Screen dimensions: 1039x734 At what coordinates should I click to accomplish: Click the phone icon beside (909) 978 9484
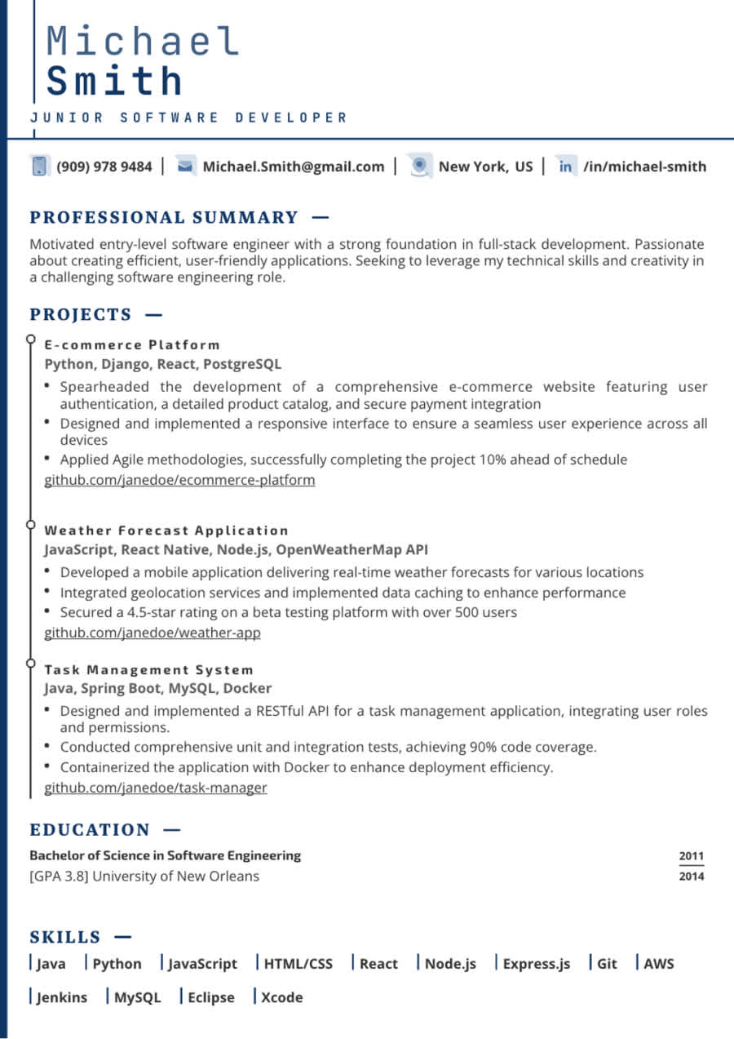coord(38,167)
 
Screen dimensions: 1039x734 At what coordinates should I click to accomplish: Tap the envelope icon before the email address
coord(185,167)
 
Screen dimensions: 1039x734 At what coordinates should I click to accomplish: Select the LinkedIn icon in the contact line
coord(565,167)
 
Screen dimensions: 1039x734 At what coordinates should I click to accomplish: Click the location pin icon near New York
coord(419,166)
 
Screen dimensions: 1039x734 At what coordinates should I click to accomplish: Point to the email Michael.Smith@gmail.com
coord(293,167)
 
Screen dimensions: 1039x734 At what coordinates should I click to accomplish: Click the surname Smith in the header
coord(114,81)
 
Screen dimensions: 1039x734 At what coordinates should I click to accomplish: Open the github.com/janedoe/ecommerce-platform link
coord(179,480)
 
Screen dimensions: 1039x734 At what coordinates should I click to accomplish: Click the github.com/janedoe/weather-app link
coord(153,633)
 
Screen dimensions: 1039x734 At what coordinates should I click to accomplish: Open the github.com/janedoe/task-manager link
coord(156,788)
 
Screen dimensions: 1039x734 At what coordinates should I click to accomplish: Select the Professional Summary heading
coord(164,217)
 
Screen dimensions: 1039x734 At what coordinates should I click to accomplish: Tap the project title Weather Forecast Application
coord(166,531)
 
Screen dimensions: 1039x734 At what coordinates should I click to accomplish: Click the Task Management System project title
coord(149,670)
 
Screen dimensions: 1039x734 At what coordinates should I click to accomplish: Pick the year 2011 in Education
coord(692,856)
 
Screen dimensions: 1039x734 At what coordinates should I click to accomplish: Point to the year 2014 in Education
coord(692,877)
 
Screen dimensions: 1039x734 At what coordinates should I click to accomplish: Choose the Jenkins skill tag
coord(62,997)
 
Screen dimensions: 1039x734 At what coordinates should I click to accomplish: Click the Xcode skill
coord(281,997)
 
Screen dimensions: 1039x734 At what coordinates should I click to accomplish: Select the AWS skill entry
coord(659,964)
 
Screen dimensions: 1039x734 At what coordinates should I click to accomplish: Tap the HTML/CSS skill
coord(298,964)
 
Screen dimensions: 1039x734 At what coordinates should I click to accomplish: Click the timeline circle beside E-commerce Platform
coord(30,338)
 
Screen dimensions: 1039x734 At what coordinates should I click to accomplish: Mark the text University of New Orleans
coord(177,877)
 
